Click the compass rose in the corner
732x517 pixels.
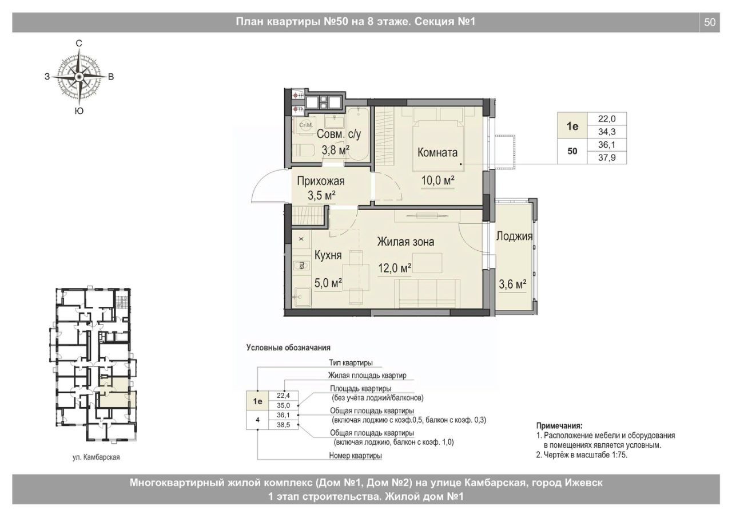[79, 77]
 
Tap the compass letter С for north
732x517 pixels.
[79, 43]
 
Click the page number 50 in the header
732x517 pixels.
[710, 22]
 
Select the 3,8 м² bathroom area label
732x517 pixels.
[336, 150]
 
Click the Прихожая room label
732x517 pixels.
[321, 181]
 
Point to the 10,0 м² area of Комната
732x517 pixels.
[438, 180]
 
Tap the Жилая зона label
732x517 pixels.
[405, 242]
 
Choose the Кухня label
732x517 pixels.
[328, 255]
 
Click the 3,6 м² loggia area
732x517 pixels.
[512, 284]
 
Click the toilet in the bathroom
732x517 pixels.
[303, 150]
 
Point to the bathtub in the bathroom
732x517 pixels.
[358, 134]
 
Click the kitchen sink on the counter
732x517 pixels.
[301, 297]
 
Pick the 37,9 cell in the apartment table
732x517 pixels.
[607, 157]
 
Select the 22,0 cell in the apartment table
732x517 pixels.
[607, 119]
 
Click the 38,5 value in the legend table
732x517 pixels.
[283, 425]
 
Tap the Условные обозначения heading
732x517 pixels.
[288, 348]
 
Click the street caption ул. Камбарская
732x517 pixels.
[96, 457]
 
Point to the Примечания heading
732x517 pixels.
[559, 426]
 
